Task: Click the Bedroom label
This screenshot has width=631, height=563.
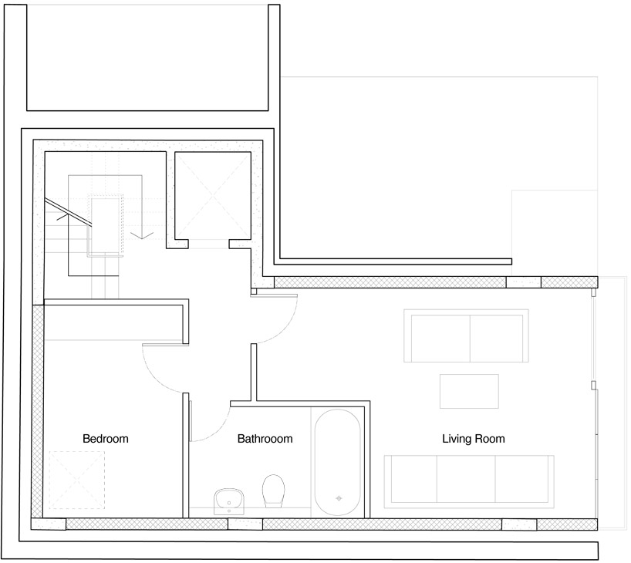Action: (x=106, y=439)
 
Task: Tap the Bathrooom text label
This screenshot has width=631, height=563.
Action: (x=265, y=439)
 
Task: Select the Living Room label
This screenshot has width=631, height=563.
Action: (x=474, y=439)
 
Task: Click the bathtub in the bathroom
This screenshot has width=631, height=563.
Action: (x=338, y=463)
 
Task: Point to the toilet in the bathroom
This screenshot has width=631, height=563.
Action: (x=273, y=491)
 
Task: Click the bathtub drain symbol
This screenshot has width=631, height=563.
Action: (x=339, y=499)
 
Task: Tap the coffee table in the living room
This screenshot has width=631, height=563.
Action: (x=469, y=391)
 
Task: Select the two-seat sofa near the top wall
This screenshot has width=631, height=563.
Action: (x=466, y=335)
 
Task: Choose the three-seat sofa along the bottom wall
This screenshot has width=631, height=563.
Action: (x=469, y=482)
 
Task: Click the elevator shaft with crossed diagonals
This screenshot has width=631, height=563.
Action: (x=213, y=196)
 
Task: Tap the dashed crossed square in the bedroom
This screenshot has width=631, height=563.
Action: (x=77, y=480)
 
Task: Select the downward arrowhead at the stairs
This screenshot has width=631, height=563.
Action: (x=142, y=235)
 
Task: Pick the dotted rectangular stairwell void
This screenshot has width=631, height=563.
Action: (x=105, y=226)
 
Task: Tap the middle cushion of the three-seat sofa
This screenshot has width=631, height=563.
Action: (x=466, y=479)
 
